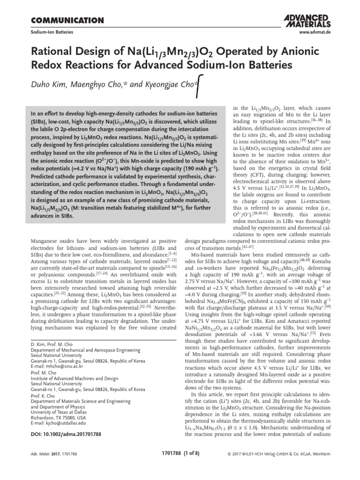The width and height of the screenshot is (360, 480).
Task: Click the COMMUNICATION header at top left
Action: pos(67,20)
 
